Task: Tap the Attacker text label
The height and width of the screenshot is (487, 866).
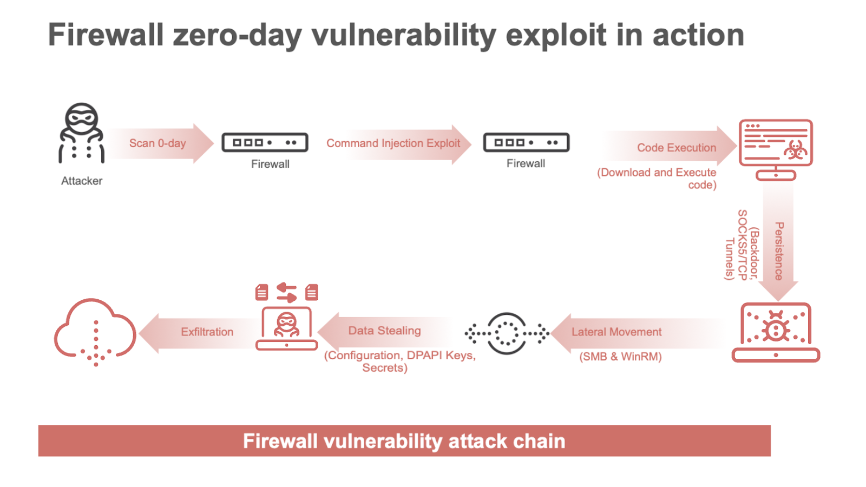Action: click(82, 181)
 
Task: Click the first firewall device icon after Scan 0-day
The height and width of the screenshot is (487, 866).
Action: click(265, 143)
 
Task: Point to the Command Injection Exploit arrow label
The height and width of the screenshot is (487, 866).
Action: click(393, 143)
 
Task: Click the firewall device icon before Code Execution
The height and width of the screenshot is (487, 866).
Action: click(526, 142)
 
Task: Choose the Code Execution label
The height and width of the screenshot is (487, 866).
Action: click(676, 148)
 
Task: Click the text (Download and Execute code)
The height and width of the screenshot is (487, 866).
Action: click(657, 179)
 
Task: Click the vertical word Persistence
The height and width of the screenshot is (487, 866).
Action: click(779, 251)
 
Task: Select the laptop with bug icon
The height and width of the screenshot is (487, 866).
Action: click(776, 332)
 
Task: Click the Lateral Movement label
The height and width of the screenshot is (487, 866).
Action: click(616, 332)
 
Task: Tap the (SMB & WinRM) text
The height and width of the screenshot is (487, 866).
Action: click(620, 357)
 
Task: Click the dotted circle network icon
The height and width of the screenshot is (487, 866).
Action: click(507, 333)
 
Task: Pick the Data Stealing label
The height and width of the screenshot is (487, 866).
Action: click(384, 331)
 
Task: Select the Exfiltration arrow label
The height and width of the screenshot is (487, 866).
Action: click(207, 332)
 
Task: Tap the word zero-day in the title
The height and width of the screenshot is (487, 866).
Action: click(237, 35)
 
